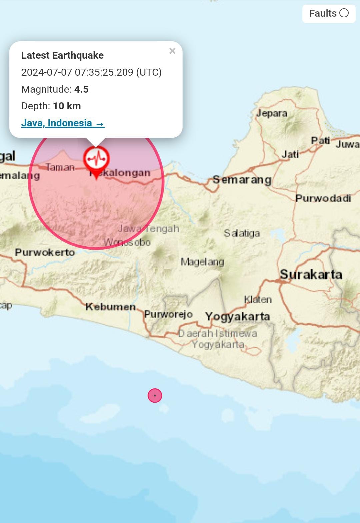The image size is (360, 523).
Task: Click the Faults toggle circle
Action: pyautogui.click(x=344, y=13)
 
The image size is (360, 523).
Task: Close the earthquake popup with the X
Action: pyautogui.click(x=172, y=51)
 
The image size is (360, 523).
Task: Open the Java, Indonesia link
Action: pyautogui.click(x=63, y=123)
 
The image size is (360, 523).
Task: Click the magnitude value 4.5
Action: pyautogui.click(x=81, y=89)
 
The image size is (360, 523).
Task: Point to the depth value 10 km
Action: pyautogui.click(x=67, y=106)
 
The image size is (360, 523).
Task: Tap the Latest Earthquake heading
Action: pyautogui.click(x=62, y=55)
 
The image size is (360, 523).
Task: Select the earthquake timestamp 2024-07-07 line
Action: pyautogui.click(x=91, y=72)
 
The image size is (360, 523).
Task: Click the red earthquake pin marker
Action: pyautogui.click(x=96, y=160)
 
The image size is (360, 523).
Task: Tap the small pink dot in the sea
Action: pyautogui.click(x=155, y=396)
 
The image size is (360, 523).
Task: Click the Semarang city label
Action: pyautogui.click(x=242, y=180)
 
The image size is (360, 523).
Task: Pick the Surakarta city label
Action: pyautogui.click(x=311, y=275)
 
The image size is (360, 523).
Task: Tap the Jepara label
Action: pyautogui.click(x=272, y=113)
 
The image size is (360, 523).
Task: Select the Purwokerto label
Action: pyautogui.click(x=45, y=252)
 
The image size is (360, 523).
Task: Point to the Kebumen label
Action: pyautogui.click(x=110, y=307)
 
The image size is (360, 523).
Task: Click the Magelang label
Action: pyautogui.click(x=202, y=262)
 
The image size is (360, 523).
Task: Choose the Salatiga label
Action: pyautogui.click(x=242, y=233)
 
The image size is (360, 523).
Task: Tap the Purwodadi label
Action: pyautogui.click(x=323, y=198)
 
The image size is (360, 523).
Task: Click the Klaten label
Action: pyautogui.click(x=258, y=299)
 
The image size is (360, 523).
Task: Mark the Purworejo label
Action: pyautogui.click(x=168, y=314)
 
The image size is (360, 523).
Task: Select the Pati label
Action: pyautogui.click(x=320, y=141)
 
